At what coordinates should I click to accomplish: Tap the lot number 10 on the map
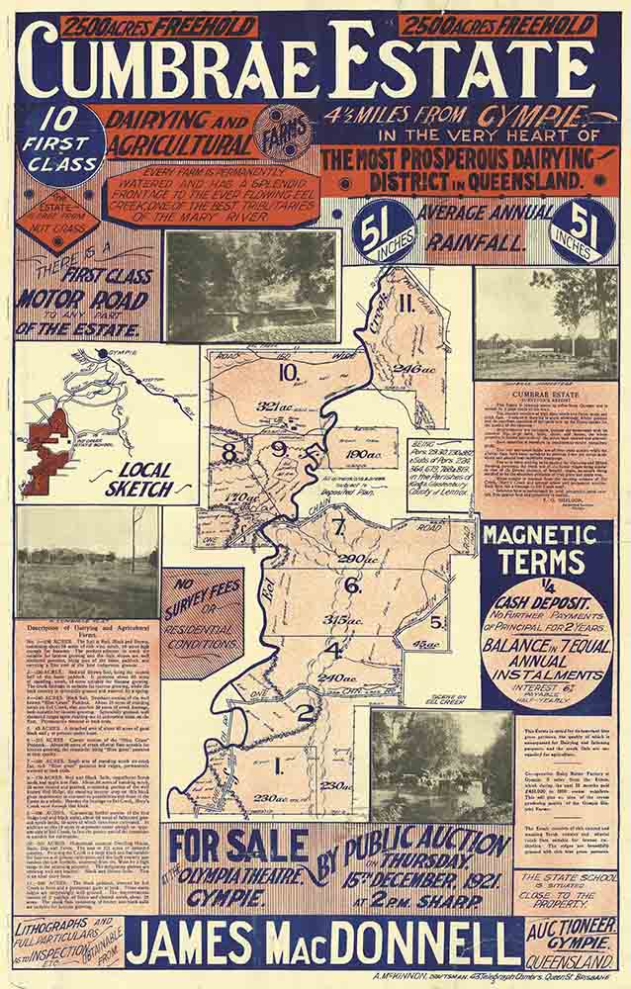pyautogui.click(x=288, y=373)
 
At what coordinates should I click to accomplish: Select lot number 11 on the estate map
pyautogui.click(x=406, y=304)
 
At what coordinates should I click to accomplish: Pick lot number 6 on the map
pyautogui.click(x=352, y=584)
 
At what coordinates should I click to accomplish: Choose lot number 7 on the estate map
pyautogui.click(x=338, y=526)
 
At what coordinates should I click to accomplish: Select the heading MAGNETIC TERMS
pyautogui.click(x=547, y=548)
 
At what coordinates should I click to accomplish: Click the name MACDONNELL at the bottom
pyautogui.click(x=401, y=944)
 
